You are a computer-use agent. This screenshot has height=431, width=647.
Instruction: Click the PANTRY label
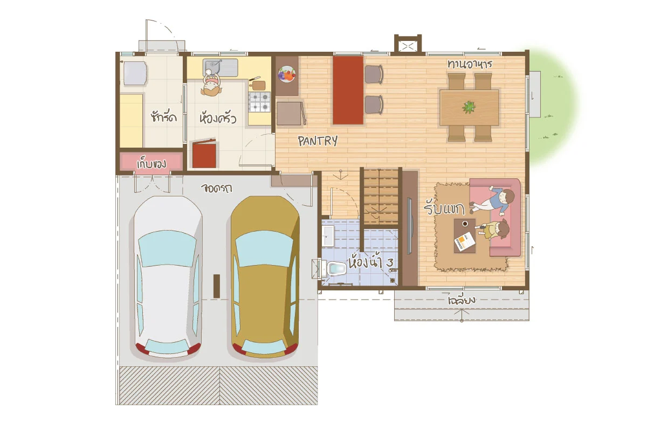[318, 141]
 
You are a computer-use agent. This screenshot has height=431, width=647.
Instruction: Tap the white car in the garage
[168, 277]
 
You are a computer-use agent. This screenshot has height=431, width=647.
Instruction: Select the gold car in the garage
[265, 277]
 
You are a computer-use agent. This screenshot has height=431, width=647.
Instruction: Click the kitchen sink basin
[212, 67]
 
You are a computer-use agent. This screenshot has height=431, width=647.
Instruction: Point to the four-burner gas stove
[259, 102]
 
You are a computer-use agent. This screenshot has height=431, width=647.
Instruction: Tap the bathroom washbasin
[328, 235]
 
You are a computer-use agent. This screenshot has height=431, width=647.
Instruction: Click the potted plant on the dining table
[469, 107]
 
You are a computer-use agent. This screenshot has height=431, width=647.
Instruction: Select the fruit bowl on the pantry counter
[286, 74]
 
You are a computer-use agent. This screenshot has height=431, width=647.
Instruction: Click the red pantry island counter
[348, 91]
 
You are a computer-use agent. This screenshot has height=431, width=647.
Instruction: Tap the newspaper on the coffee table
[465, 241]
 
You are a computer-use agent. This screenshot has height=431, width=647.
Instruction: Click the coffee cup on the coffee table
[465, 224]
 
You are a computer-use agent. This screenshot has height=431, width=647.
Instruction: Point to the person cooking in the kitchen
[211, 84]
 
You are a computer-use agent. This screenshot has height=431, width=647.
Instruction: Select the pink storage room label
[152, 163]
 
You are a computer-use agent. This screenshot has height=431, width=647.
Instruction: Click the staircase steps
[381, 197]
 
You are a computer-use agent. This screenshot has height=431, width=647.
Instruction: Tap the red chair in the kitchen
[204, 154]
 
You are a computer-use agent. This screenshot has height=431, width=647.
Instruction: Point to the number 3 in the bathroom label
[390, 263]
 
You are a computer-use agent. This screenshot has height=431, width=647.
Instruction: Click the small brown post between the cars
[217, 286]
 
